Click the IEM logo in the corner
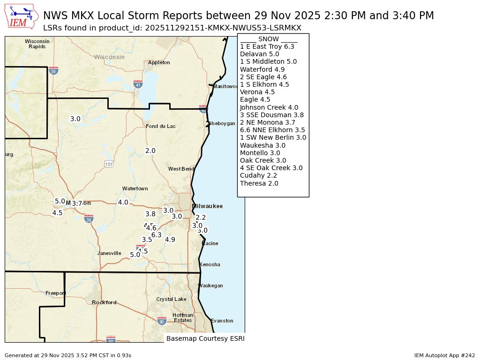(22, 16)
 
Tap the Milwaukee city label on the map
(207, 206)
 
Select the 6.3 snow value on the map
(157, 235)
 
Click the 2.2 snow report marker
(201, 217)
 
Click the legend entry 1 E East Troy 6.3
(267, 47)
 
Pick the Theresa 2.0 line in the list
(259, 183)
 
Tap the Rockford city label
(104, 302)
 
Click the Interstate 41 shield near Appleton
(138, 84)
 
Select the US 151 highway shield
(109, 164)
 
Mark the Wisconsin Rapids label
(37, 44)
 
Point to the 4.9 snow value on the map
(170, 240)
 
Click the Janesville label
(109, 253)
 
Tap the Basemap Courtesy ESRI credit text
(205, 338)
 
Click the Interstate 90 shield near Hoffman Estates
(162, 321)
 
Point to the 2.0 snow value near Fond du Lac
(150, 151)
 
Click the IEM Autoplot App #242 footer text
(444, 355)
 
